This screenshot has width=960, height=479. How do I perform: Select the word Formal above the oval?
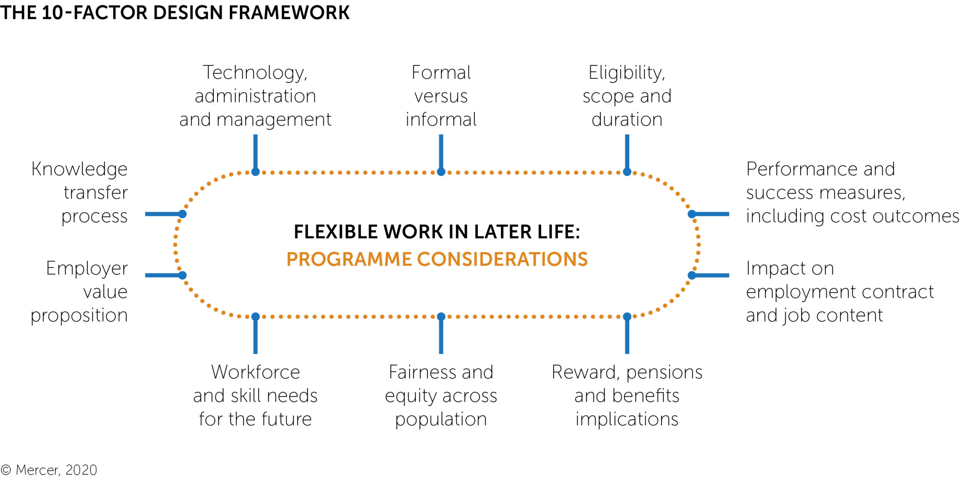[x=441, y=72]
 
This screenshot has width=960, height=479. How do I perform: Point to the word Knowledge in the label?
[x=79, y=170]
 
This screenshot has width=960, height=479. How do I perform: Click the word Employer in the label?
[x=87, y=269]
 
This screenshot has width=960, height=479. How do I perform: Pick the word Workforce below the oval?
[x=255, y=372]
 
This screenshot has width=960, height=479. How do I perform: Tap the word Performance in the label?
[x=799, y=169]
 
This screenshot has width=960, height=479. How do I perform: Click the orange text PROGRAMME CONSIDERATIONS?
[x=437, y=259]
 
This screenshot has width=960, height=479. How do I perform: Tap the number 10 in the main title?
[x=52, y=13]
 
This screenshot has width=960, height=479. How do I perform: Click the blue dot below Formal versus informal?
[x=441, y=172]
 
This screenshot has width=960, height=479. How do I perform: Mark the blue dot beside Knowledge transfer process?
[x=182, y=214]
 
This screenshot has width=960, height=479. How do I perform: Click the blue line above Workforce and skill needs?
[x=255, y=335]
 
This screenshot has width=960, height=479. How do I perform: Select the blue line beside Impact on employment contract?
[x=711, y=275]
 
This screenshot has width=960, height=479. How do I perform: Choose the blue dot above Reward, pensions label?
[x=627, y=317]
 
